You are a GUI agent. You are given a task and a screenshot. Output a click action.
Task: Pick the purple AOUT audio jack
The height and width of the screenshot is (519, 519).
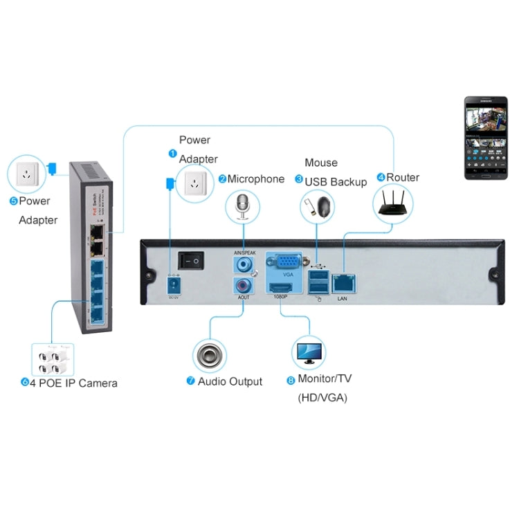pos(243,284)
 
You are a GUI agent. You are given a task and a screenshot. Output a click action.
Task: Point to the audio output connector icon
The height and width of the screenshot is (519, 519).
pos(210,355)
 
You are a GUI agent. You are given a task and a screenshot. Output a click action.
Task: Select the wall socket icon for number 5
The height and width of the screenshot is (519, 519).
pos(26,174)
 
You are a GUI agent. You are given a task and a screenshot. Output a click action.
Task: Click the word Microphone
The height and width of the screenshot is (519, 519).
pos(256,179)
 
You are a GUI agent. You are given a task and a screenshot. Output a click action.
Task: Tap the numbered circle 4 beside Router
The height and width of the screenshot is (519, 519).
pos(381,178)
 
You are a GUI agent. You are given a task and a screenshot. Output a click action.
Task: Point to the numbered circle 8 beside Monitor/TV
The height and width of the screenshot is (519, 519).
pos(291,380)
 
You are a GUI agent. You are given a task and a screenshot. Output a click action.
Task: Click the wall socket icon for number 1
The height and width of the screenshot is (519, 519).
pos(195,183)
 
